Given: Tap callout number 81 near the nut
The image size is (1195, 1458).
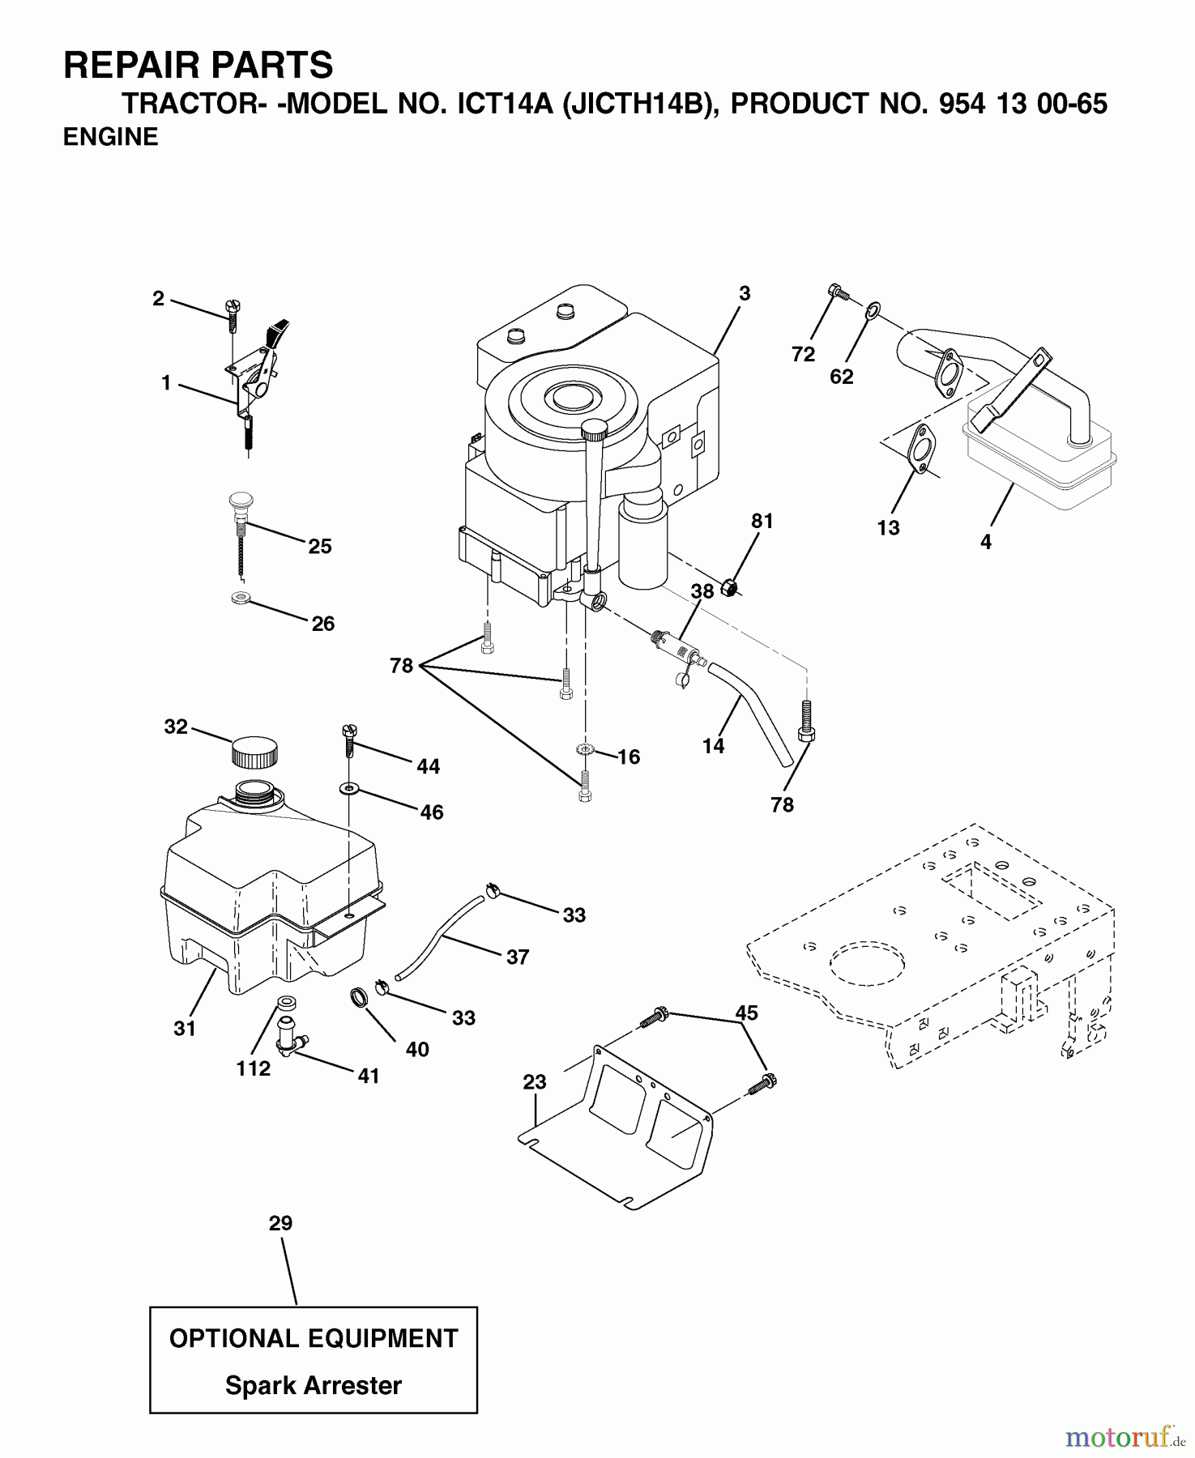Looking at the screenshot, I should [762, 522].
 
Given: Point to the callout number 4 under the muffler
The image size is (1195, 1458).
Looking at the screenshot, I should [985, 542].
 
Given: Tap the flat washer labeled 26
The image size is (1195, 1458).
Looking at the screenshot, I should [240, 599].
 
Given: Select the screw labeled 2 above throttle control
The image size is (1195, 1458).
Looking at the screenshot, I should [231, 313].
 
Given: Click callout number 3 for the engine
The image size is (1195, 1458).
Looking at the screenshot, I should [745, 293].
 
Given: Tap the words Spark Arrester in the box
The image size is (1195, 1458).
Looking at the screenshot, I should [313, 1385].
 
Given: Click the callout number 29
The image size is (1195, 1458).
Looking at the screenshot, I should [280, 1223].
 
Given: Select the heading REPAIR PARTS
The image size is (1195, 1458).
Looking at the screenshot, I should [198, 65].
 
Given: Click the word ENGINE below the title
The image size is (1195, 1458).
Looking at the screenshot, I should [111, 138].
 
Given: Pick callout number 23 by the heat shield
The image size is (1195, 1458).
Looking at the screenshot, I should [534, 1081].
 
